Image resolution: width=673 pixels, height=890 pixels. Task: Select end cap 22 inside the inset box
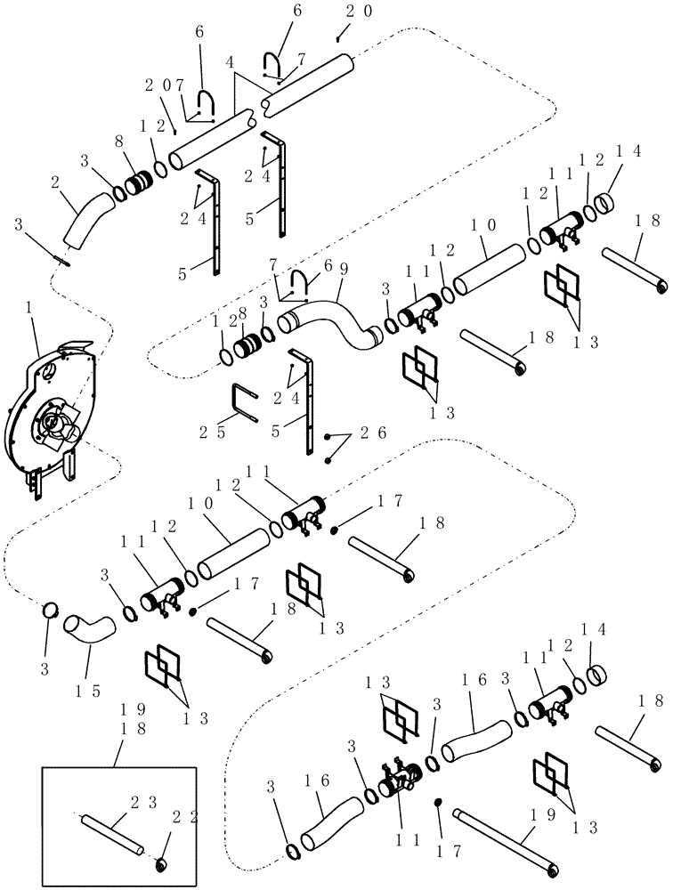164,862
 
